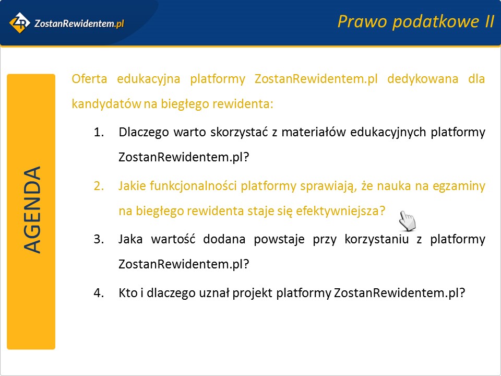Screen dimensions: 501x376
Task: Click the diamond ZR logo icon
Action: [x=19, y=22]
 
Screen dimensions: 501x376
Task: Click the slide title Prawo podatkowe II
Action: [x=416, y=22]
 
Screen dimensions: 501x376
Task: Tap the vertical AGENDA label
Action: [x=32, y=210]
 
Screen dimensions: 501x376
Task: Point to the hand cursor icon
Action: [x=408, y=220]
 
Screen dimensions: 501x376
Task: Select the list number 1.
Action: [x=99, y=132]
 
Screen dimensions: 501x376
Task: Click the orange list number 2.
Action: [x=99, y=186]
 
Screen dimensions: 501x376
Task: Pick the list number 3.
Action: [x=99, y=239]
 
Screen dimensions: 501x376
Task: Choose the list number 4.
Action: [x=99, y=293]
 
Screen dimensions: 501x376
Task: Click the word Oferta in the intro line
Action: [x=89, y=79]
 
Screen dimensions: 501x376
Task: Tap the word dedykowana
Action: [x=423, y=79]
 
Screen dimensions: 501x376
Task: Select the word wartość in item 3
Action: [x=173, y=239]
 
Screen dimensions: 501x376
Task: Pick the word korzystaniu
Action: [x=377, y=240]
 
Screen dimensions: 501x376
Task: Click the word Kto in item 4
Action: [x=128, y=293]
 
